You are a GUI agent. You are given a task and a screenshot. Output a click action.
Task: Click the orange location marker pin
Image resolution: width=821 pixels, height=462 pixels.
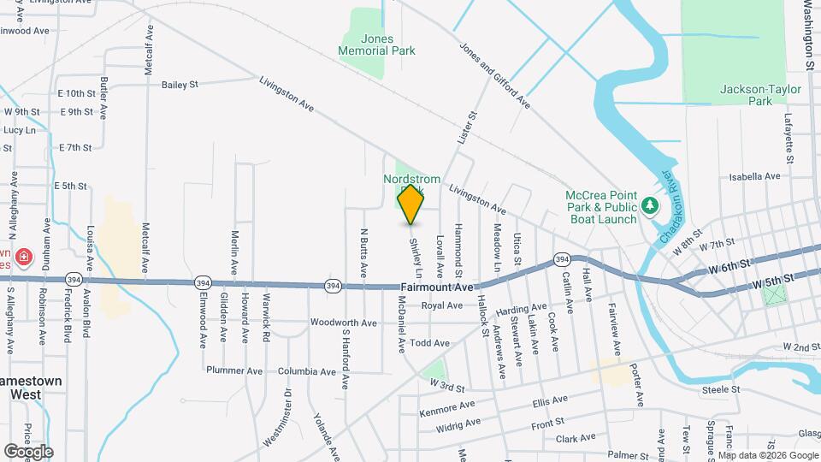point(410,204)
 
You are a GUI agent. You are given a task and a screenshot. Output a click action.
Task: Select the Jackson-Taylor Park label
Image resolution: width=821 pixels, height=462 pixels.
point(747,94)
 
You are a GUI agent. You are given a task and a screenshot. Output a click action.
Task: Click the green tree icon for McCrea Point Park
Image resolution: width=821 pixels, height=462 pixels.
point(651,205)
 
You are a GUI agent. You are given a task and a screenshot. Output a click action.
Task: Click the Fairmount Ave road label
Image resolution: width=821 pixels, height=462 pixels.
point(436,287)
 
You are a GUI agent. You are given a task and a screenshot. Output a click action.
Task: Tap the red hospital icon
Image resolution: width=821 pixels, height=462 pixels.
point(24,256)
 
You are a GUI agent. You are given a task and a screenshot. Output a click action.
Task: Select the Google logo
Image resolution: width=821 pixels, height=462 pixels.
point(28,451)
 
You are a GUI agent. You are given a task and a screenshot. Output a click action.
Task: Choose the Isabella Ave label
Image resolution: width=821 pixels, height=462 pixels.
point(754,176)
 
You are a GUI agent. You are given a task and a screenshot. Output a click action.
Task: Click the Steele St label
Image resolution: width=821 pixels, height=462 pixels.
point(720,389)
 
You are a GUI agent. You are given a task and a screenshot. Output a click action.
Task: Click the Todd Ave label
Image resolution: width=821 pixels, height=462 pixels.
point(429,343)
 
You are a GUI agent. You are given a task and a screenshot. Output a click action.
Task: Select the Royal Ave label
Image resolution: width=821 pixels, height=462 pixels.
point(441,305)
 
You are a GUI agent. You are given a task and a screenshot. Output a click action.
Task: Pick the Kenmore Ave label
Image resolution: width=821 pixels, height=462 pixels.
point(446,409)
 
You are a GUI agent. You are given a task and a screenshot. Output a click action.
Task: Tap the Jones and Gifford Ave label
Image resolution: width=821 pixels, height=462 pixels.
point(495,76)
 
